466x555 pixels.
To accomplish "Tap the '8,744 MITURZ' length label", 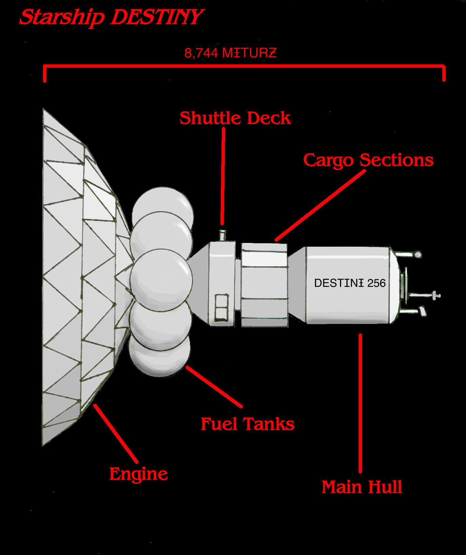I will [230, 53].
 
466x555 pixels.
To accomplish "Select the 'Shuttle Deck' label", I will [235, 118].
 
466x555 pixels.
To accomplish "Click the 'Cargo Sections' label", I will [368, 160].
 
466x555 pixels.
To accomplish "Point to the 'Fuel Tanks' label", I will [247, 424].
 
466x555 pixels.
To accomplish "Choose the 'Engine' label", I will [139, 474].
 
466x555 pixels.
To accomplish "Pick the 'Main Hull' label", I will [362, 487].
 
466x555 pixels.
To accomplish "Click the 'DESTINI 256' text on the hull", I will [350, 283].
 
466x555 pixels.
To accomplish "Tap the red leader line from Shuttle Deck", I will [223, 176].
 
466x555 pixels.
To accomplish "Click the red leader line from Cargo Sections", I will [320, 205].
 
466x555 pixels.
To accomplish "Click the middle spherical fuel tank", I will [161, 276].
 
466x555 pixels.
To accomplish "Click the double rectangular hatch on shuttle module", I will [222, 308].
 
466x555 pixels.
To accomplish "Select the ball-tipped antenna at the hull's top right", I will [418, 254].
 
